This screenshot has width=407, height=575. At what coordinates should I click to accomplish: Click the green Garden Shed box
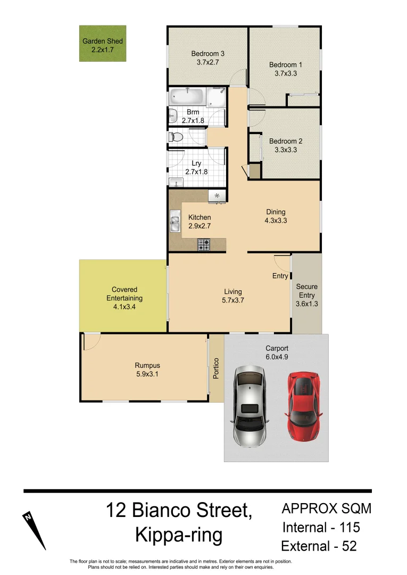tap(103, 44)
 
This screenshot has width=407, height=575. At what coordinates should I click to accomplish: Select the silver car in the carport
tap(249, 407)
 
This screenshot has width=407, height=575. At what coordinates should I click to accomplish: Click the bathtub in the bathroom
tap(186, 97)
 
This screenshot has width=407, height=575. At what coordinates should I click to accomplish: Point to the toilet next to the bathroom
tap(175, 137)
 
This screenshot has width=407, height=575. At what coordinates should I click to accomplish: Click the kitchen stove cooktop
tap(204, 244)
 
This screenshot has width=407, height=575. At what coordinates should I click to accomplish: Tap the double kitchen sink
tap(175, 222)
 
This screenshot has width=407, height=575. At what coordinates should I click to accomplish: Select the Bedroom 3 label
tap(207, 53)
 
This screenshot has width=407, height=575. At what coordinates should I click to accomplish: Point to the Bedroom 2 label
tap(286, 141)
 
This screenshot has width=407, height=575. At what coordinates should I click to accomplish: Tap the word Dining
tap(276, 212)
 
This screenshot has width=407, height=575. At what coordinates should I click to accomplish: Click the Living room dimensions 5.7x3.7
tap(232, 300)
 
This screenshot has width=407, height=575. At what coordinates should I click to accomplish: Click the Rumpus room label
tap(147, 366)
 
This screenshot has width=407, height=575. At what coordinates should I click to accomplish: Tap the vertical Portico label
tap(216, 368)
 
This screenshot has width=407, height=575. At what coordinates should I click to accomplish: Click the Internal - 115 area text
tap(321, 527)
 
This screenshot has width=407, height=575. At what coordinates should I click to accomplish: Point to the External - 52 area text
tap(319, 546)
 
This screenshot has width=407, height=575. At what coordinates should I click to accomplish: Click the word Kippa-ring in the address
tap(179, 535)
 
